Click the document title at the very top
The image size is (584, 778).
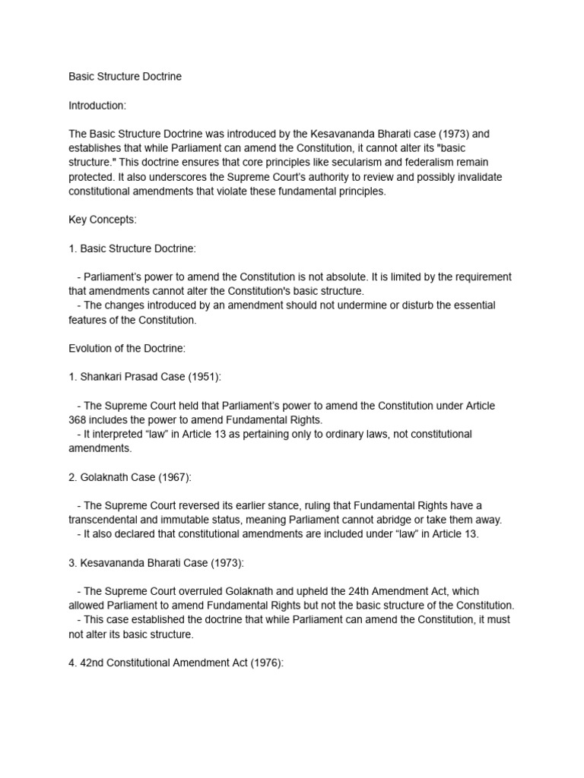[x=125, y=77]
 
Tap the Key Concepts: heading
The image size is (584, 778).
[x=102, y=220]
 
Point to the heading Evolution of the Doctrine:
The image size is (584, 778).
[x=126, y=348]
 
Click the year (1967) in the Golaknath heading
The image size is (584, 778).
[x=173, y=477]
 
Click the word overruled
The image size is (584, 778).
[x=233, y=591]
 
